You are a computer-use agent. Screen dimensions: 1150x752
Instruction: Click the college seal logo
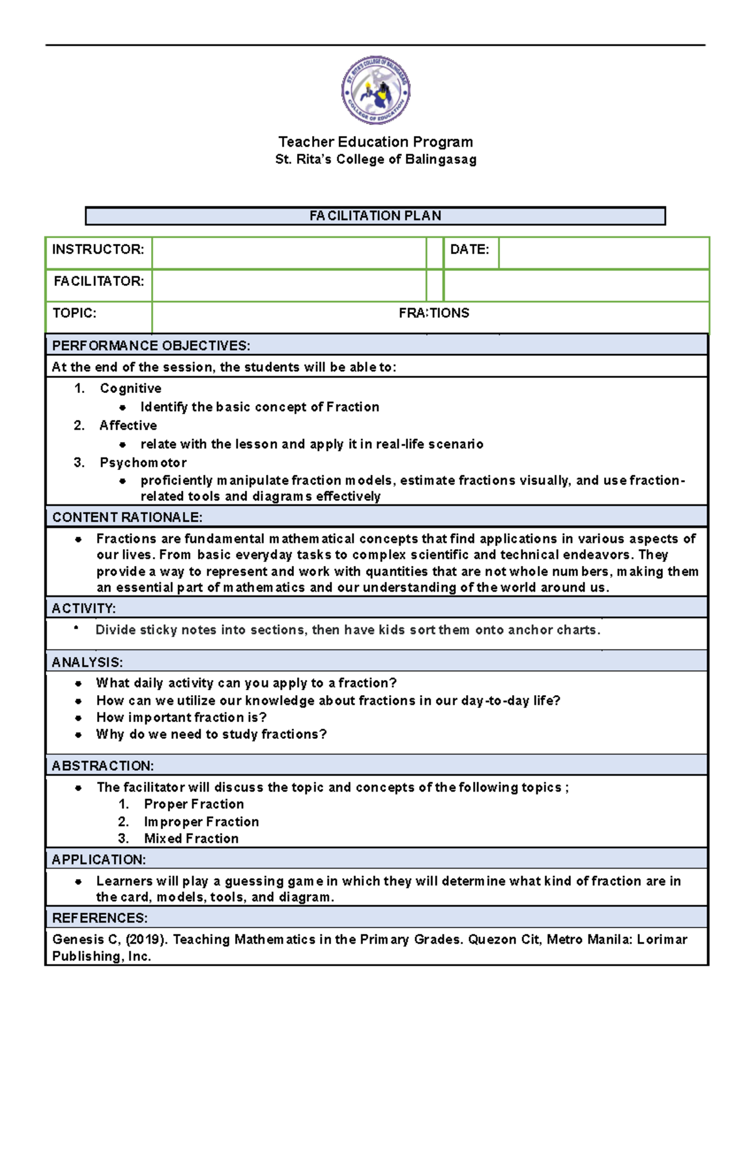point(375,90)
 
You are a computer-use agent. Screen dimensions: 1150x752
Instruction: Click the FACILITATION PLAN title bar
point(375,216)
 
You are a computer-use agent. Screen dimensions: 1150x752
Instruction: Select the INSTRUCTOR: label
point(98,249)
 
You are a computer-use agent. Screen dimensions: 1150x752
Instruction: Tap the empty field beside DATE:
point(603,253)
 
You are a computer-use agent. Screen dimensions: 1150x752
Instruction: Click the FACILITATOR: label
point(98,281)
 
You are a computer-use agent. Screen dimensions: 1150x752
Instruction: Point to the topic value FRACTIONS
point(434,313)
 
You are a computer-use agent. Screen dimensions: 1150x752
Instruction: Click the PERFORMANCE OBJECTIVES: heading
point(151,346)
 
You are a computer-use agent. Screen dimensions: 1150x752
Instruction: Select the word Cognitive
point(130,389)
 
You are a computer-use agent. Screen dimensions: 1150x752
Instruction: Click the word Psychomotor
point(143,463)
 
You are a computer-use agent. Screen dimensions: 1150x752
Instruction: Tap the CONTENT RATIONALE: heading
point(127,518)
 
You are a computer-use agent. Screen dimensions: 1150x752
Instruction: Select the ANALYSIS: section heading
point(87,662)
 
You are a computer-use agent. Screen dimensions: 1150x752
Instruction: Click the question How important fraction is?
point(181,718)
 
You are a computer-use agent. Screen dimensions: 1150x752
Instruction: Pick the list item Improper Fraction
point(201,822)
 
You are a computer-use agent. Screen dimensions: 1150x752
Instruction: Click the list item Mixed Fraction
point(191,839)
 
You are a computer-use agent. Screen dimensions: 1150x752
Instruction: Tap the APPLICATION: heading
point(98,860)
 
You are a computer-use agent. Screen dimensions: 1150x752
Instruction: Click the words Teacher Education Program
point(375,142)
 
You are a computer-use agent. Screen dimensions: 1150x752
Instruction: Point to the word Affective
point(128,426)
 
